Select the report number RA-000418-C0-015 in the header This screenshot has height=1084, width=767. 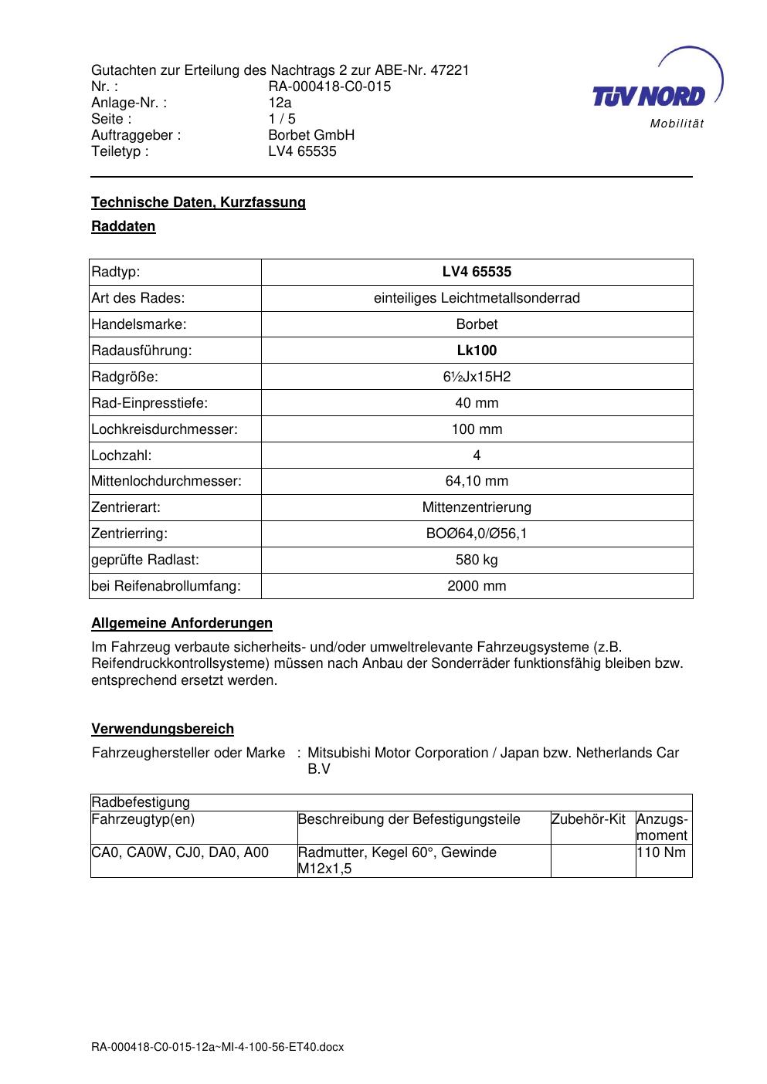329,86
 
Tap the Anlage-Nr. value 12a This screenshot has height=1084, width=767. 280,103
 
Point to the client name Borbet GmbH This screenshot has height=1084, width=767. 311,135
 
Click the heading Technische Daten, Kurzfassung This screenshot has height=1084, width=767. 199,202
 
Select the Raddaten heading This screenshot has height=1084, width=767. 124,226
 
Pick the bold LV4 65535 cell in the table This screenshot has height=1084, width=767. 477,272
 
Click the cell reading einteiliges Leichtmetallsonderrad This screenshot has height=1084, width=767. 477,298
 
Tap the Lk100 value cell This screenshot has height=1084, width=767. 477,351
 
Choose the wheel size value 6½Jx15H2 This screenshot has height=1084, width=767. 477,377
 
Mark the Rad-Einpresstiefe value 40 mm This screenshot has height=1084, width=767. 477,403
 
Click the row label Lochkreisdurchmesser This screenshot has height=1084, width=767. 165,429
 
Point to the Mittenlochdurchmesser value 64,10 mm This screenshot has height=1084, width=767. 477,481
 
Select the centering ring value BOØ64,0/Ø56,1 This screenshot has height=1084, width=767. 477,534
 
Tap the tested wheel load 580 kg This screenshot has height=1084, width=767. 477,560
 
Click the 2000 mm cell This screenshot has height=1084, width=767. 477,586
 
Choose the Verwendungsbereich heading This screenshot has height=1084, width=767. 163,729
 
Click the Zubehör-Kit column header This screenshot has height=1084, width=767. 589,819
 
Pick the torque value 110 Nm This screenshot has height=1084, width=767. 662,852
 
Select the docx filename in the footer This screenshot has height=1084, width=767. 217,1047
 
